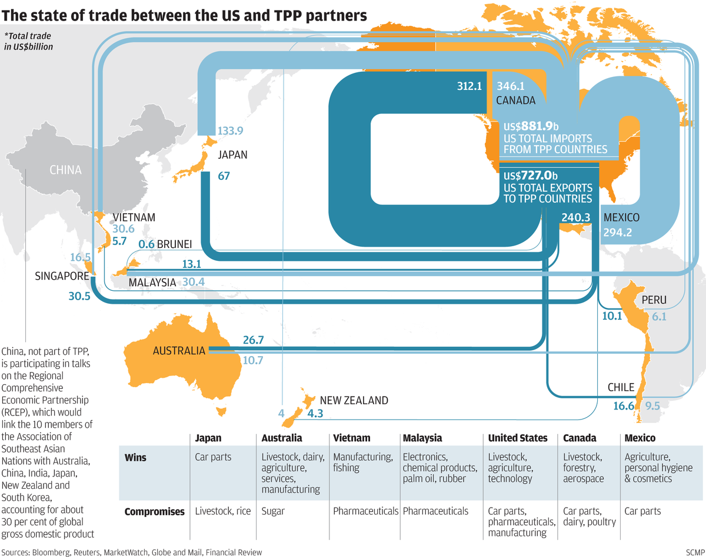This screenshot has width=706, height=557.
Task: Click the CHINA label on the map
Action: click(x=65, y=170)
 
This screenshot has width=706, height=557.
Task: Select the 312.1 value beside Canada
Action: click(x=469, y=86)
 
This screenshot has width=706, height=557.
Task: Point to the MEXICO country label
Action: click(x=621, y=217)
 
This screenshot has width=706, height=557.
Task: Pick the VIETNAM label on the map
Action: click(x=134, y=217)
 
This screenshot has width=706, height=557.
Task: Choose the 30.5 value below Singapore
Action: click(x=79, y=297)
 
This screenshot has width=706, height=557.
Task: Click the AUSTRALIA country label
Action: click(x=179, y=351)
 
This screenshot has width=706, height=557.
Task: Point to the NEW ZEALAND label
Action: click(x=354, y=401)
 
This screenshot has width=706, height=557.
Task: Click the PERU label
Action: click(x=654, y=300)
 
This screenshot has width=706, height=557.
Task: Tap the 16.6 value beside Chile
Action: click(x=623, y=405)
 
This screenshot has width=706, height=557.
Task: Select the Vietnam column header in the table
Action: click(x=352, y=438)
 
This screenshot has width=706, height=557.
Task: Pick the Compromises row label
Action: click(x=154, y=511)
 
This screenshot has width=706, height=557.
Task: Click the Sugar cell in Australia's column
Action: click(x=273, y=511)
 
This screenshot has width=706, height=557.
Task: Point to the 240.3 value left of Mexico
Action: click(x=575, y=217)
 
